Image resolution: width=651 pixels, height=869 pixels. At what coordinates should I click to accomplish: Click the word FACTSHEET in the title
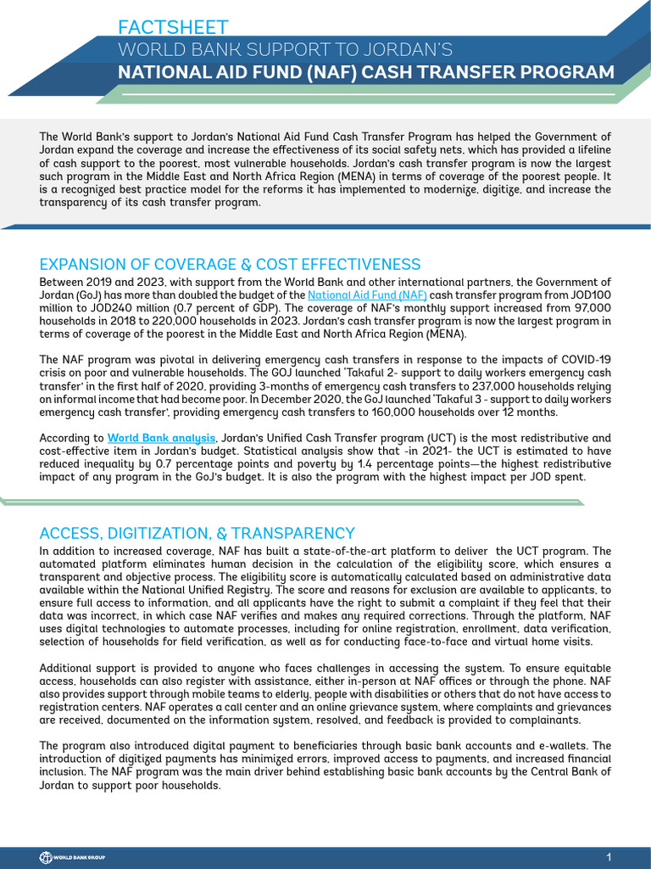tap(174, 28)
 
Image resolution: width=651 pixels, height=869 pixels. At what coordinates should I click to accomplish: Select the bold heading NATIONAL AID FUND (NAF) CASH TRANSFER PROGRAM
tap(366, 71)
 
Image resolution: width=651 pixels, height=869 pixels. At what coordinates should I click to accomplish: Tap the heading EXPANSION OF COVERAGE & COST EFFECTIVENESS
tap(230, 264)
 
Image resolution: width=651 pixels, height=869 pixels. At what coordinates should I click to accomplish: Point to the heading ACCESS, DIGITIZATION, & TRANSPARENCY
tap(197, 533)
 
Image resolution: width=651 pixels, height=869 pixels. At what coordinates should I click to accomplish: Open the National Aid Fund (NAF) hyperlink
tap(367, 295)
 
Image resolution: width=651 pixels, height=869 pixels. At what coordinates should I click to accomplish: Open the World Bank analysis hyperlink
tap(161, 438)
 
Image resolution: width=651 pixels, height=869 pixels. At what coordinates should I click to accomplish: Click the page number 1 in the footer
tap(609, 855)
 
